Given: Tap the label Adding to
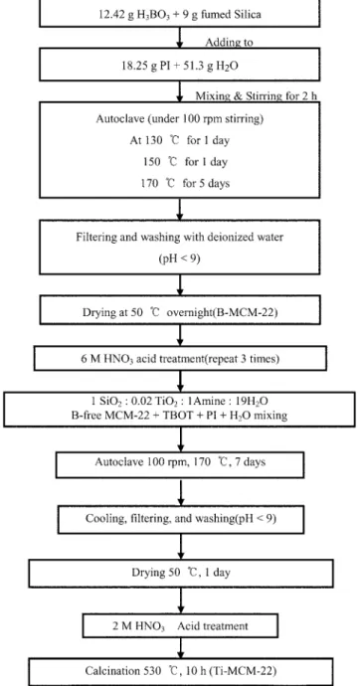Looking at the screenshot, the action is pyautogui.click(x=229, y=42).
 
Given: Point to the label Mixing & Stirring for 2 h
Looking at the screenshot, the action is pyautogui.click(x=257, y=95).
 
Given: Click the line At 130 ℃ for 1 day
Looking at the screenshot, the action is pyautogui.click(x=179, y=140).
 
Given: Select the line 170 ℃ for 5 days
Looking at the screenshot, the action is pyautogui.click(x=185, y=183).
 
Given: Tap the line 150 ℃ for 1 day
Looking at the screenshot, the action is pyautogui.click(x=185, y=162).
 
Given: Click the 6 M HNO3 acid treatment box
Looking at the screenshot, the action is pyautogui.click(x=180, y=359).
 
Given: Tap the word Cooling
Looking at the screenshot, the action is pyautogui.click(x=101, y=519).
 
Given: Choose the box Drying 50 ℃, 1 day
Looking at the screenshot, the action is pyautogui.click(x=181, y=573).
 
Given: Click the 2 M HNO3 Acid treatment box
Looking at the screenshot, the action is pyautogui.click(x=180, y=625).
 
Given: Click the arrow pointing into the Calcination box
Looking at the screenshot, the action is pyautogui.click(x=180, y=648).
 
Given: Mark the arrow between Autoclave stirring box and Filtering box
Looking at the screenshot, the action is pyautogui.click(x=179, y=209).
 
